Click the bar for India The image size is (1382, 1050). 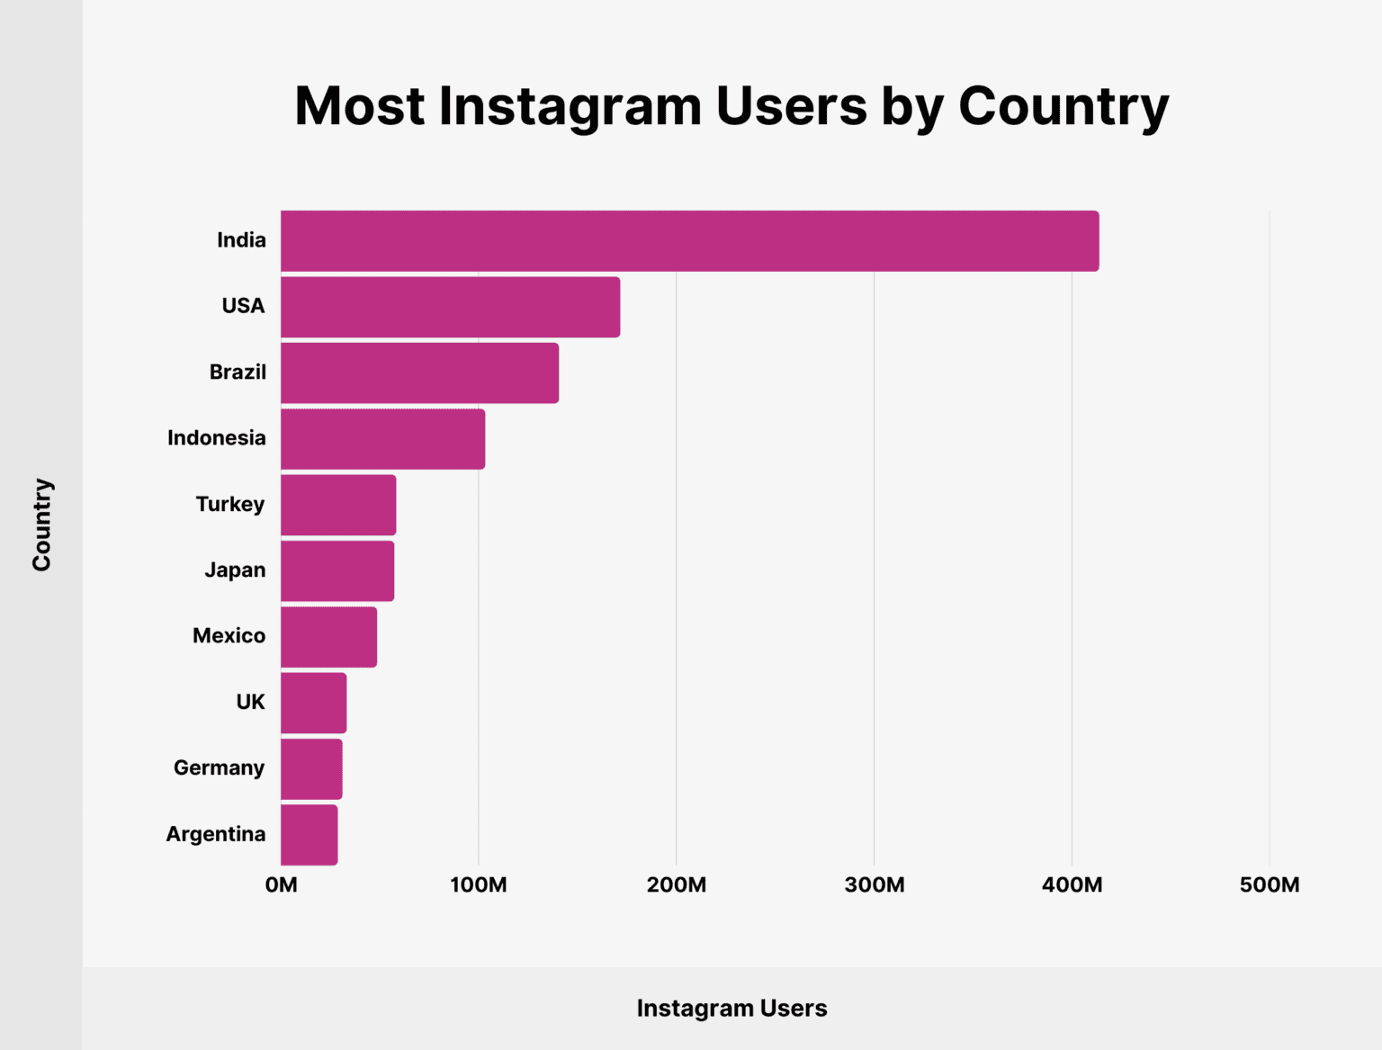coord(689,241)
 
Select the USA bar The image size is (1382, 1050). coord(450,307)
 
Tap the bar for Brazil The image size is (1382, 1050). coord(419,372)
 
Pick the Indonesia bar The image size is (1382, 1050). coord(382,439)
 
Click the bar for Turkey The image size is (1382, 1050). coord(338,505)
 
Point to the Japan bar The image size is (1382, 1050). coord(337,570)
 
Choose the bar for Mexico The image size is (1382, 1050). coord(328,637)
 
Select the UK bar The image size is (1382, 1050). coord(313,703)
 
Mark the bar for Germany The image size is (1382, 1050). coord(311,768)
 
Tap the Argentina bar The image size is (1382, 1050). coord(309,835)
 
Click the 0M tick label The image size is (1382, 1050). coord(281,885)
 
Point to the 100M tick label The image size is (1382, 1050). coord(479,885)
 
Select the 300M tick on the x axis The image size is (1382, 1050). coord(875,885)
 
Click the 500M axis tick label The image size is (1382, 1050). coord(1270,885)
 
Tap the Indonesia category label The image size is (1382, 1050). coord(217,438)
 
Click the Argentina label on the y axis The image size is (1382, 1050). coord(216,835)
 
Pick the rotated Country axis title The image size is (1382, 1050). coord(42,525)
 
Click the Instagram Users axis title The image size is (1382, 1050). coord(731,1009)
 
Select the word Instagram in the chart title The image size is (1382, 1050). coord(570,107)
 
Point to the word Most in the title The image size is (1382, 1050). coord(360,107)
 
